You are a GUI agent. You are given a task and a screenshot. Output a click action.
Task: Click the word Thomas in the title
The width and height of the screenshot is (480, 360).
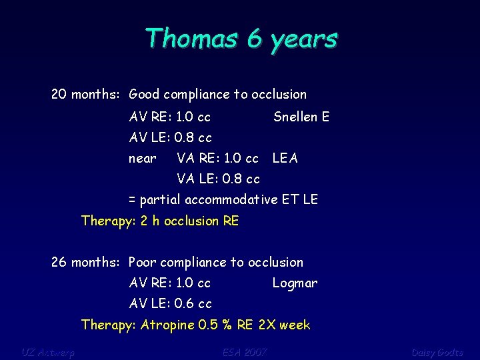pos(190,39)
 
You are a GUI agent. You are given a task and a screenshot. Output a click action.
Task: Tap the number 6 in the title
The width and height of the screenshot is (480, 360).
pos(254,39)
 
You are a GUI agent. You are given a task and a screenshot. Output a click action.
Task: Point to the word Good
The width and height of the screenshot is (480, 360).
pos(144,95)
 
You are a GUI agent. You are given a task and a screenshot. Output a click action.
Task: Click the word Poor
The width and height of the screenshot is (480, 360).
pos(143,263)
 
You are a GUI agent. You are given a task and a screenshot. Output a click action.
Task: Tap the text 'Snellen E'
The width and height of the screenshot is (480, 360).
pos(301,117)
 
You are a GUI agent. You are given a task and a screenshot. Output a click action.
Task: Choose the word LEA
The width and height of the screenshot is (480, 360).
pos(285,159)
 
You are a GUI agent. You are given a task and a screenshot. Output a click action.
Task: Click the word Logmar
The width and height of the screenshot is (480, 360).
pos(295,283)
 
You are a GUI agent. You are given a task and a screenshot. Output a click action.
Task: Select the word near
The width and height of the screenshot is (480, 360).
pos(143,159)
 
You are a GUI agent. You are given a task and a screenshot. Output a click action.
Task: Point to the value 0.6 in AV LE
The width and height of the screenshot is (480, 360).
pos(184,304)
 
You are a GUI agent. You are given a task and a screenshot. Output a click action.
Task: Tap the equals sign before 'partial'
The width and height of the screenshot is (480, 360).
pos(132,200)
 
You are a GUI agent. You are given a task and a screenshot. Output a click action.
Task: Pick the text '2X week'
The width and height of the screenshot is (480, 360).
pos(285,325)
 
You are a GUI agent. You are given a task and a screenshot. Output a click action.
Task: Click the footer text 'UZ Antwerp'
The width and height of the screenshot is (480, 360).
pos(48,351)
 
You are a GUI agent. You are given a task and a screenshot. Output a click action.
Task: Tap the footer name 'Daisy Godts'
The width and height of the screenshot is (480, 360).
pos(437,351)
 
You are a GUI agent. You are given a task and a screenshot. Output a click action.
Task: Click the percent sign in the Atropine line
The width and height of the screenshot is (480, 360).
pos(228,325)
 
